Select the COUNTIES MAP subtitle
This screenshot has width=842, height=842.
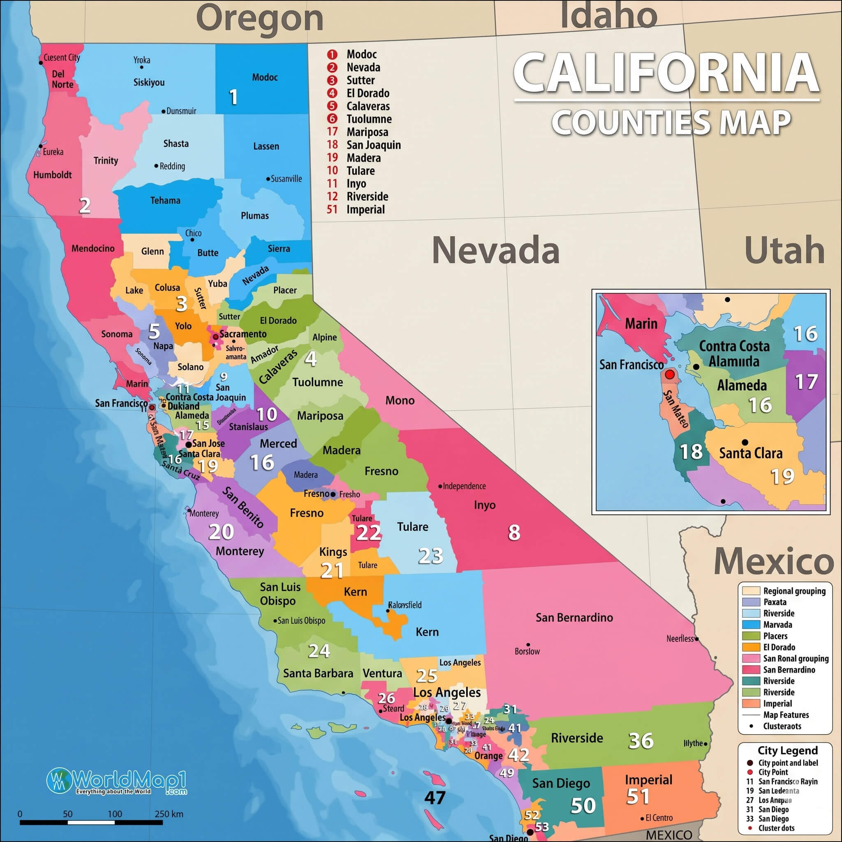pos(671,123)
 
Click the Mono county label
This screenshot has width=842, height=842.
pos(400,400)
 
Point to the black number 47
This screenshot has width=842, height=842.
pos(435,798)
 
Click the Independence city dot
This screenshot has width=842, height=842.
pos(440,486)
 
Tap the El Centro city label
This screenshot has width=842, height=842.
pos(659,818)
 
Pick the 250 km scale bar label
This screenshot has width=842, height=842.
pos(169,814)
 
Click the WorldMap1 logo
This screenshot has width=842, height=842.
pos(117,781)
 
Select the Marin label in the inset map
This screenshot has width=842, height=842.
pos(641,324)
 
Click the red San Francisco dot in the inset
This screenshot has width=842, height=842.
pos(670,374)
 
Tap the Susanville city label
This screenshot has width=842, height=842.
pos(286,179)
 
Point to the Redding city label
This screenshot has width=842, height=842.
pos(172,166)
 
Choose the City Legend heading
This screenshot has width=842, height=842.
pos(787,750)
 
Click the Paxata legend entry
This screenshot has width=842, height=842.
pos(775,602)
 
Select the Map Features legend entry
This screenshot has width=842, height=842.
pos(786,715)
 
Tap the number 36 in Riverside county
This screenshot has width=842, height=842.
pos(641,740)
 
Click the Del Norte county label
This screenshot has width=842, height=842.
pos(62,79)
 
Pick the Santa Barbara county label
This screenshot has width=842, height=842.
pos(318,673)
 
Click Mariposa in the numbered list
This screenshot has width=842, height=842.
pos(367,132)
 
